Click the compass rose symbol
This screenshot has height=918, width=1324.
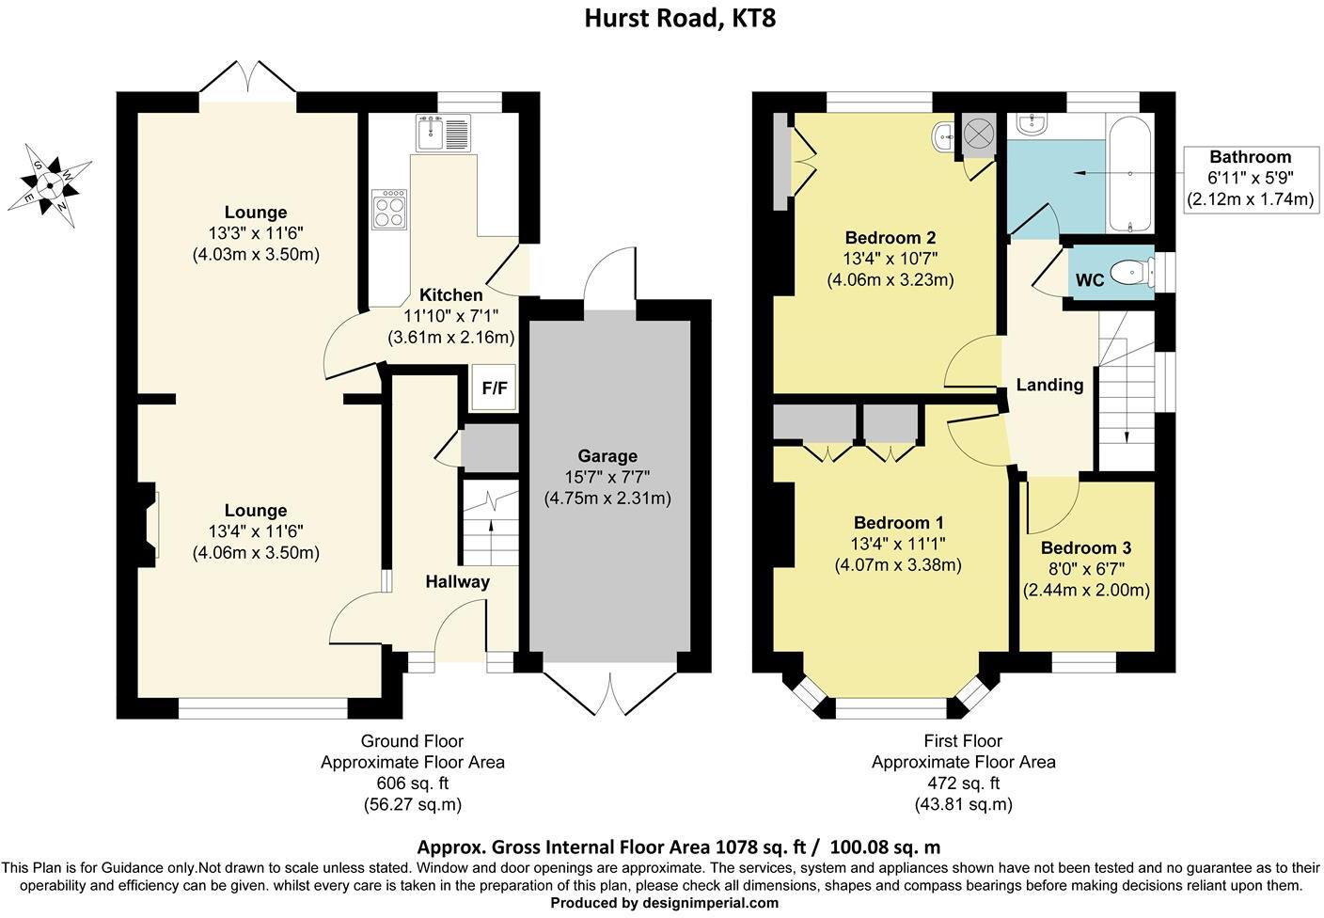click(50, 185)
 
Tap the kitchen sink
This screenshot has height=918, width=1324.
click(443, 134)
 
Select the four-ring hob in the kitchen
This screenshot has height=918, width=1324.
click(389, 209)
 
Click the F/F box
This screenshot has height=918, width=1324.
click(494, 388)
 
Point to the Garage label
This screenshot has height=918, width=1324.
click(607, 456)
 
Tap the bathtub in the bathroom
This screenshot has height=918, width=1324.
click(1129, 173)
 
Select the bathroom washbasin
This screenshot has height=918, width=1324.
click(1032, 125)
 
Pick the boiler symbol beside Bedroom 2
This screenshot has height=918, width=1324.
click(979, 135)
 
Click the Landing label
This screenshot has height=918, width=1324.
click(1049, 385)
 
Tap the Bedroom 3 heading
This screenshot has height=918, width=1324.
click(1086, 547)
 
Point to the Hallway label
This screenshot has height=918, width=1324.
click(458, 581)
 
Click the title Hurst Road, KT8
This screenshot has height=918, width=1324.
click(680, 18)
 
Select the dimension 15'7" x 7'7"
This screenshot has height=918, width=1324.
click(607, 477)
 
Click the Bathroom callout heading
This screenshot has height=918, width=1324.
click(1250, 157)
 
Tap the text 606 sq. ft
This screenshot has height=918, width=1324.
click(413, 783)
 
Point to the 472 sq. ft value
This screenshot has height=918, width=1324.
click(964, 783)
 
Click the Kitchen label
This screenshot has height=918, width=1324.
click(451, 294)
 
